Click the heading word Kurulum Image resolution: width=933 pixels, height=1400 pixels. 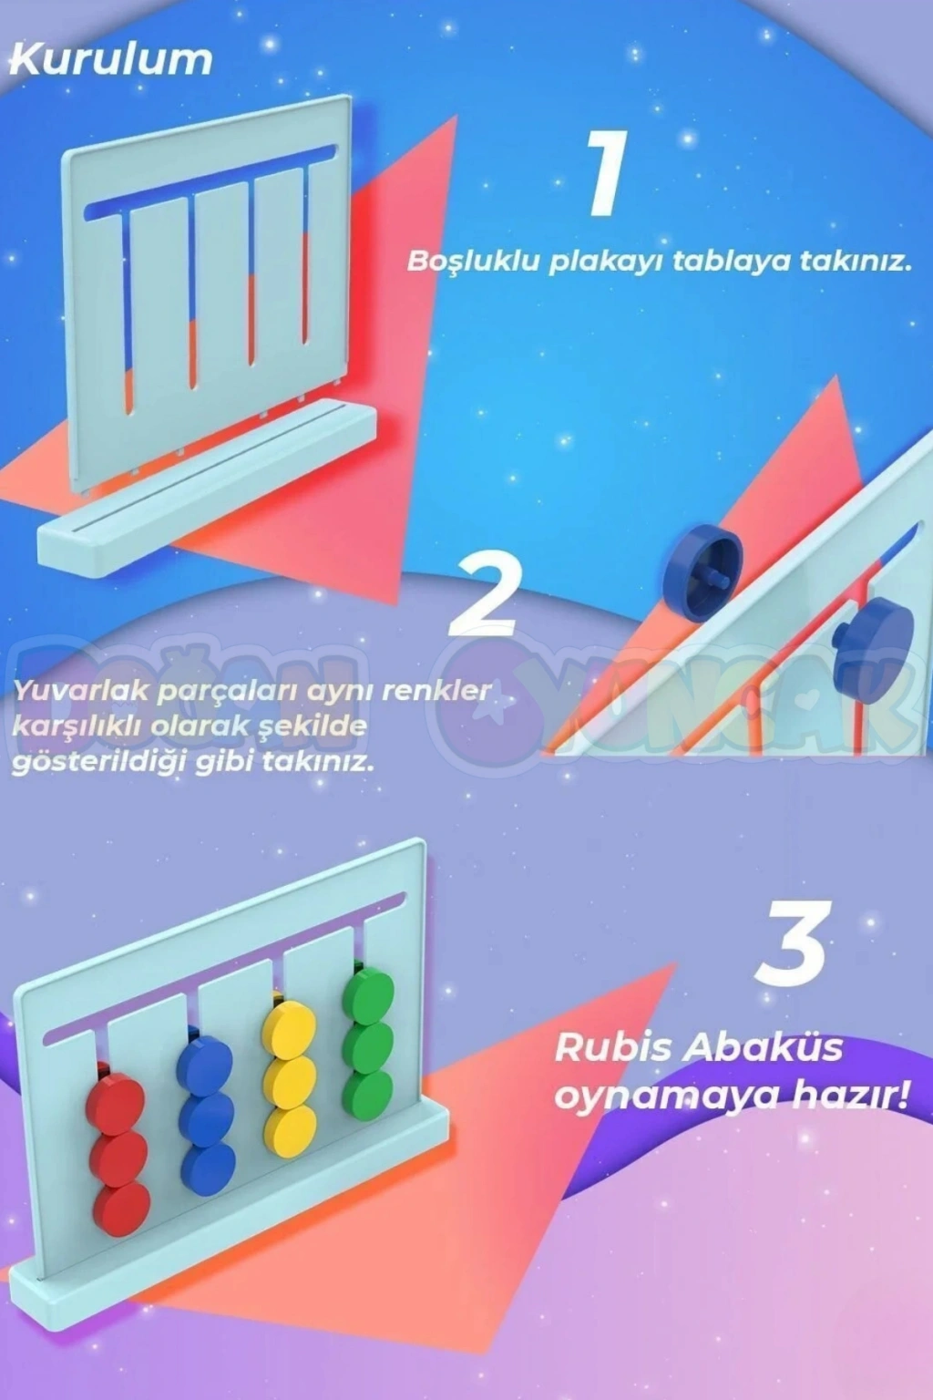[111, 61]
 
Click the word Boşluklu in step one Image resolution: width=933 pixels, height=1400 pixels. [474, 262]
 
